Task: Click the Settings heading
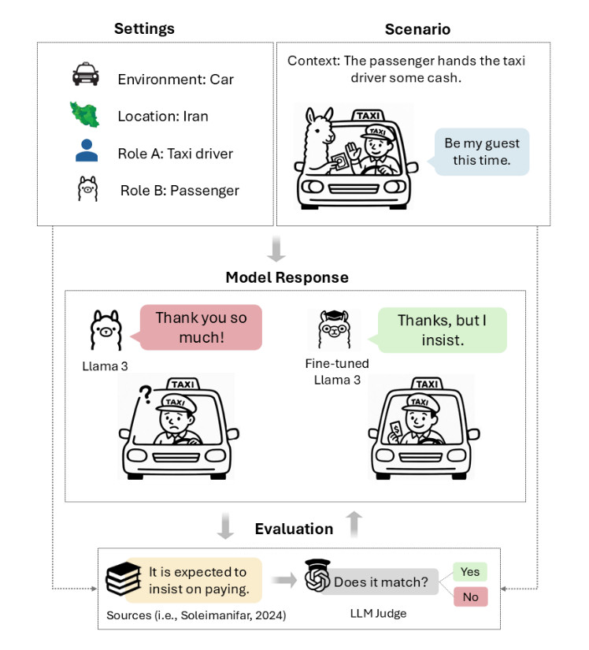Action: (x=144, y=29)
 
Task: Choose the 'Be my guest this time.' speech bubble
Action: (x=482, y=152)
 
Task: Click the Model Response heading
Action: (x=287, y=277)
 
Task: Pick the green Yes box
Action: (x=471, y=571)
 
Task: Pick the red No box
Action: (x=471, y=596)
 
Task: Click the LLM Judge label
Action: (x=380, y=613)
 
